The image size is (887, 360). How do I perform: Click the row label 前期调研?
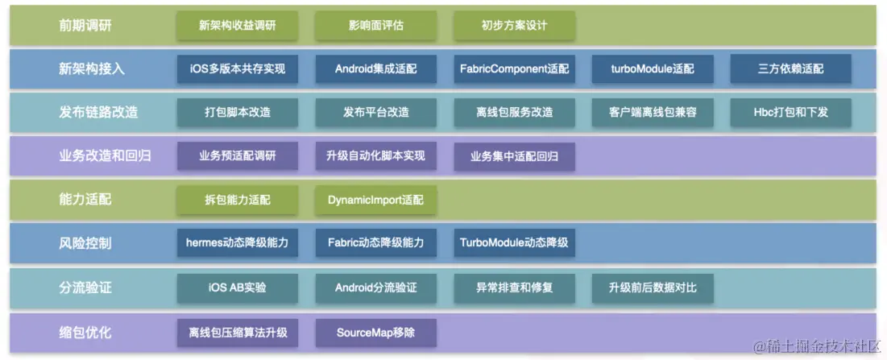(85, 25)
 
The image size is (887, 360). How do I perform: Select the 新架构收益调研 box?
(237, 25)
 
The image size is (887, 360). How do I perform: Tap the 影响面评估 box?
(376, 25)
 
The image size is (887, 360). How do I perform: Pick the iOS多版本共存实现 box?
(237, 68)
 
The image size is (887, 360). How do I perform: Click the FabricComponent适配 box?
(514, 68)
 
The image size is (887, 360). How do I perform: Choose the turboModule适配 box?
(653, 68)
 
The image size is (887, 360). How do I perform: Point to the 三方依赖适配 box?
(791, 68)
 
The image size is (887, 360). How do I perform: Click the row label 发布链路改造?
(98, 112)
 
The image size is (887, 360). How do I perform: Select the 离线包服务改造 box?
(514, 112)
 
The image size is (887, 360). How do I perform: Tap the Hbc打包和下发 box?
(791, 112)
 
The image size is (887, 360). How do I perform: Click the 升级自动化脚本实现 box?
(376, 155)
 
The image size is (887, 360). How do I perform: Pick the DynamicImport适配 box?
(376, 199)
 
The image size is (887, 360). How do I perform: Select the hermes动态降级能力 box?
(237, 242)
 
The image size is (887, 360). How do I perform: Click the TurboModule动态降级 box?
(514, 242)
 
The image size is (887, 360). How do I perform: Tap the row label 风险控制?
(85, 242)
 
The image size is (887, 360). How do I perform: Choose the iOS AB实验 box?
(237, 288)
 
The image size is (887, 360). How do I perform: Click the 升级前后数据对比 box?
(653, 288)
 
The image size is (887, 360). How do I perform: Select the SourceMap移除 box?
(376, 332)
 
